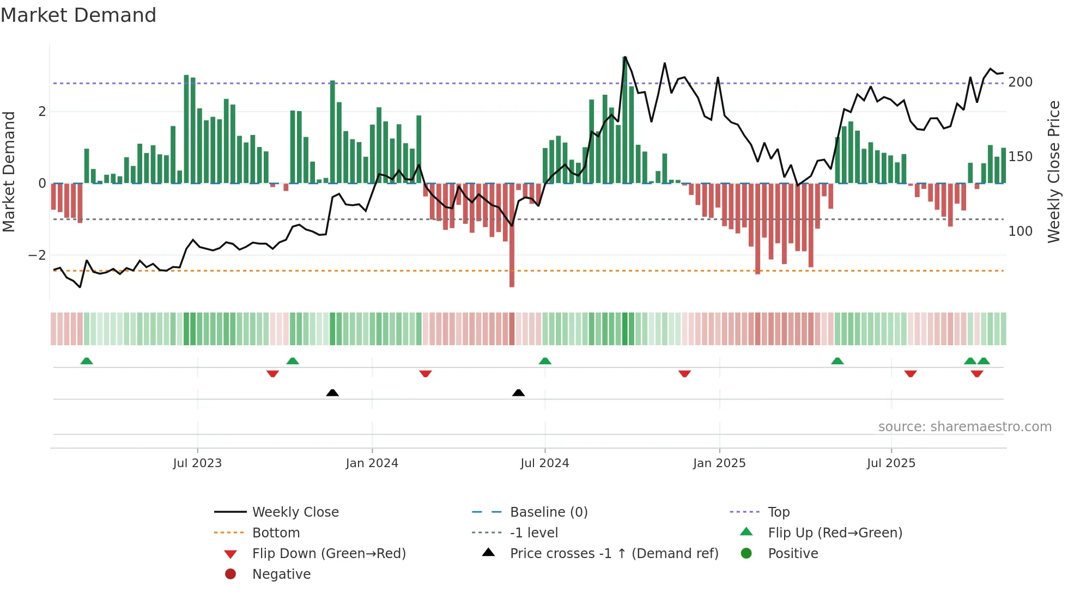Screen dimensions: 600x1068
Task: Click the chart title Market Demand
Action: point(78,15)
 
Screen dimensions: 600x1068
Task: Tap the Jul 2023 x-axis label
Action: point(197,463)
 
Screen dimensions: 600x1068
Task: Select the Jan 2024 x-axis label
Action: point(372,463)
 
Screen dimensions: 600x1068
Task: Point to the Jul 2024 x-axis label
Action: point(544,463)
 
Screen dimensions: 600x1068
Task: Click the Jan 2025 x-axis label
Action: point(719,463)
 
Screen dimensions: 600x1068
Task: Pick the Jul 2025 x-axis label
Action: point(891,463)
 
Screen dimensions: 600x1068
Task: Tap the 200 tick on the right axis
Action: point(1020,82)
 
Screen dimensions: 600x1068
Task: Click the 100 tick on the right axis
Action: point(1020,231)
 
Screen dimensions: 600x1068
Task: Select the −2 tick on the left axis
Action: point(37,255)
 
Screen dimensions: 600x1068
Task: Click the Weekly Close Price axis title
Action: point(1054,172)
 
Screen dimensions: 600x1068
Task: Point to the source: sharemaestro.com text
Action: point(964,427)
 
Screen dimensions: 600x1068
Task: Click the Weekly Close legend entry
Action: point(295,512)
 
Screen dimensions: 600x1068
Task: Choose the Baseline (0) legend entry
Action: point(548,512)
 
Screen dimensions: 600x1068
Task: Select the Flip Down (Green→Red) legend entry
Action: point(329,554)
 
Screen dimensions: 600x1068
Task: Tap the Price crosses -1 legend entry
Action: point(614,554)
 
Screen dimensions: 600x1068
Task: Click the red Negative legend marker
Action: point(230,574)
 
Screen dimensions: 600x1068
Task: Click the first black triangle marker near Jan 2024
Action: point(332,393)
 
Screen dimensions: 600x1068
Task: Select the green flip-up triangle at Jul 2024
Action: point(545,361)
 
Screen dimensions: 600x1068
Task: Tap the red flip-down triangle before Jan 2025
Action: point(684,374)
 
